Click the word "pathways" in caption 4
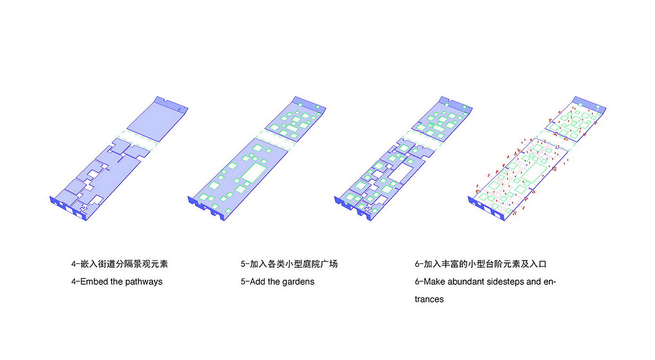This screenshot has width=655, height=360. (143, 282)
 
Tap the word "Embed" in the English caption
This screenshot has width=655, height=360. (94, 281)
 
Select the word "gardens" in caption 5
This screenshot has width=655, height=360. (298, 282)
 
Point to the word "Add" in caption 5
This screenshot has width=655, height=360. (257, 281)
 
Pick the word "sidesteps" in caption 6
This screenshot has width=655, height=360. (505, 282)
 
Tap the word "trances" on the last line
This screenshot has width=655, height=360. (430, 299)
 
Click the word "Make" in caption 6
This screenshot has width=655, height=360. (434, 281)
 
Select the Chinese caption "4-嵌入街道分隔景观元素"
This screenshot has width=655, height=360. (119, 264)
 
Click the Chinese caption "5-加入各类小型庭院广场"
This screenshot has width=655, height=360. (289, 264)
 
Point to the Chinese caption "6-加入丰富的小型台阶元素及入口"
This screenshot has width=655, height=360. (480, 264)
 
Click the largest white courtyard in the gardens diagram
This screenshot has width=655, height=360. (254, 173)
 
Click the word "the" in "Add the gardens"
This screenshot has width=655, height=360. (274, 281)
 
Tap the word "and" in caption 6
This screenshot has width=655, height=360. (533, 281)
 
